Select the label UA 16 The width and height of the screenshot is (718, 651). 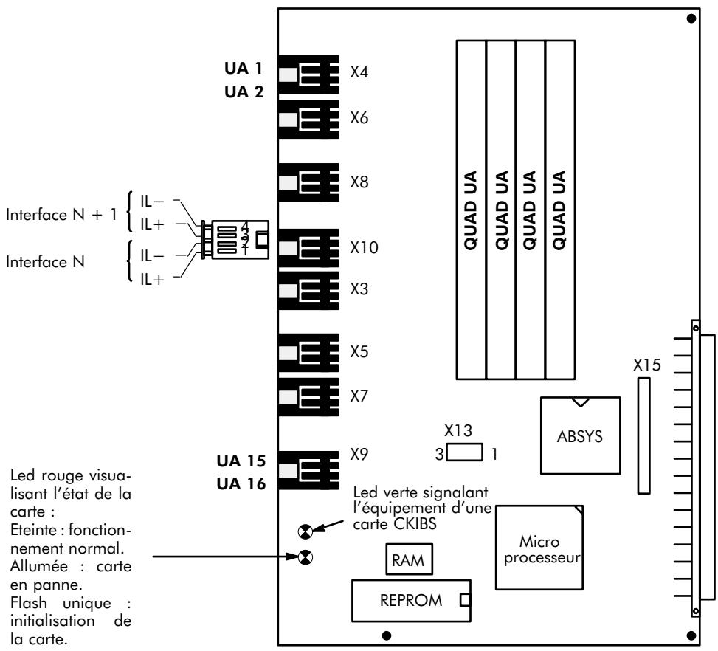coord(235,484)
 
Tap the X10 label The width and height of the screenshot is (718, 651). coord(365,248)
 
